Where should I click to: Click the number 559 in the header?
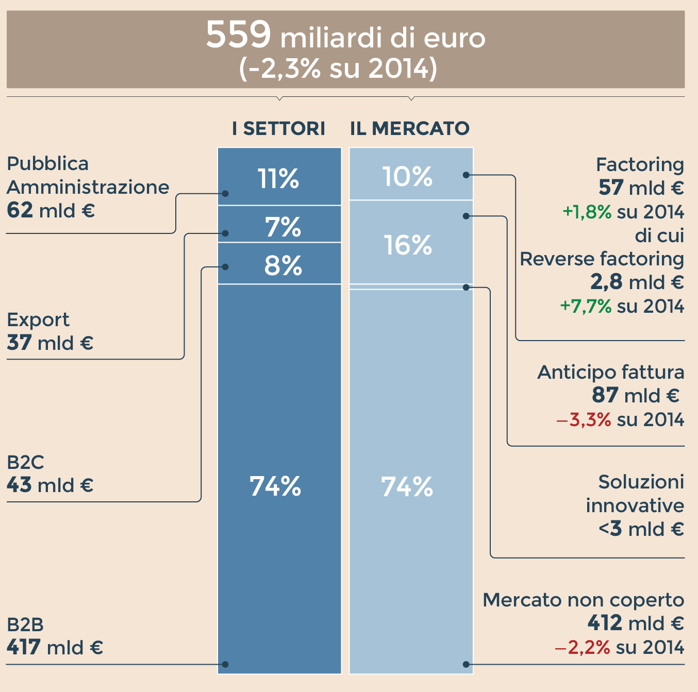(x=238, y=35)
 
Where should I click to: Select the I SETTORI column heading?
(x=278, y=128)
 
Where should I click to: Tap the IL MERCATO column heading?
(x=410, y=128)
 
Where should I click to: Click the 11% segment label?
(x=278, y=179)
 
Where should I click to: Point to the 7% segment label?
(x=283, y=227)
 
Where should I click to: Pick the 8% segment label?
(x=283, y=265)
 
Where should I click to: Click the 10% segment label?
(x=407, y=176)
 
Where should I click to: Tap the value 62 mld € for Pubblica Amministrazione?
(x=51, y=210)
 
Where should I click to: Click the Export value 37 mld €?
(x=50, y=343)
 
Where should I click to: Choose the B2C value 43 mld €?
(x=50, y=485)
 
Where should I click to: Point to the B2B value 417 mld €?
(x=55, y=647)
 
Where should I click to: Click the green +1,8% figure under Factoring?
(x=587, y=212)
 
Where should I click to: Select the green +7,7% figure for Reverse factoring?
(x=586, y=306)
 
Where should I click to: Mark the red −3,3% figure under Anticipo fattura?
(x=584, y=419)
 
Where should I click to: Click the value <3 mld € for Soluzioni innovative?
(x=641, y=529)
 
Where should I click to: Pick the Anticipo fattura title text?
(x=610, y=372)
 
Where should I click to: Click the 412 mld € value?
(x=636, y=623)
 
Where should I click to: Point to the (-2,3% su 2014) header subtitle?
(x=338, y=69)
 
